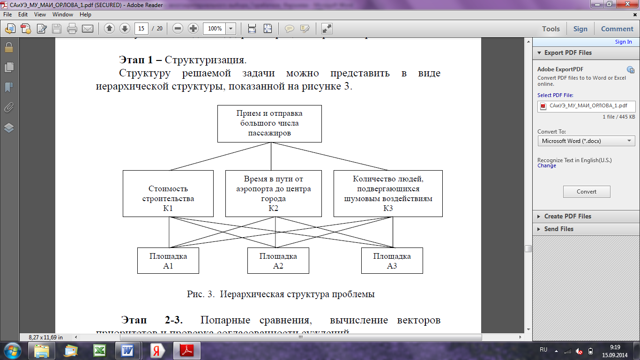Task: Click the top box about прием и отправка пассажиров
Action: tap(269, 123)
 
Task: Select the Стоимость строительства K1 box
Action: tap(168, 194)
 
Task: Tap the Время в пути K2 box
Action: tap(274, 194)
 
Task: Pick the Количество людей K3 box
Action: tap(387, 194)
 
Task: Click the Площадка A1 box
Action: tap(168, 261)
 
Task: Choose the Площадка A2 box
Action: tap(278, 261)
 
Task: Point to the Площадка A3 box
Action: tap(392, 261)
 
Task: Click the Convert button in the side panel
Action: tap(586, 192)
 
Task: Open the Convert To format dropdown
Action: tap(586, 141)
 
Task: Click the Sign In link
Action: tap(623, 42)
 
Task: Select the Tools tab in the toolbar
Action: tap(551, 29)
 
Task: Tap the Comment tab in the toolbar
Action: tap(617, 29)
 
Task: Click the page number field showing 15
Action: tap(141, 29)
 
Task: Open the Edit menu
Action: tap(23, 15)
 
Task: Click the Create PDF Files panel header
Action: tap(567, 217)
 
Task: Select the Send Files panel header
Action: tap(558, 229)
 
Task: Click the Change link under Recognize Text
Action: tap(547, 166)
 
